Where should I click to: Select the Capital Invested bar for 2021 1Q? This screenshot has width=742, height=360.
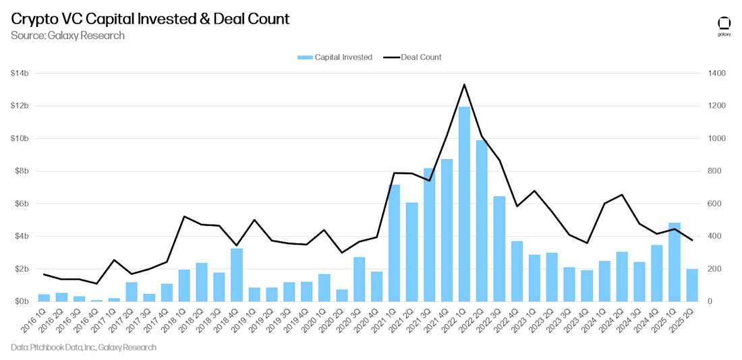[394, 243]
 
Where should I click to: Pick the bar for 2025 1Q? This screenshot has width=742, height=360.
[675, 262]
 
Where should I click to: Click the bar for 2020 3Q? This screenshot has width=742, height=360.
[359, 279]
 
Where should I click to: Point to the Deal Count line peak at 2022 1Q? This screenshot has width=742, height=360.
[464, 84]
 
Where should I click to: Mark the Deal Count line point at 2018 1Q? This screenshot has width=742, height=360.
[183, 216]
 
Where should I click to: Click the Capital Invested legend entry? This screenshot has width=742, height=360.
[335, 57]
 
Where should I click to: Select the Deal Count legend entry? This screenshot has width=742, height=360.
[413, 57]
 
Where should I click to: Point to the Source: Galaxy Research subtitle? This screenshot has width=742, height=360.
[67, 35]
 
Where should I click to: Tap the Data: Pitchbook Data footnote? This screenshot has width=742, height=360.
[84, 347]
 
